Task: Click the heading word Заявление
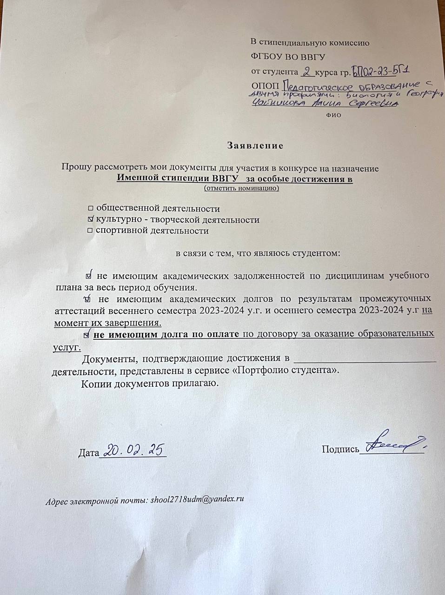[x=255, y=145]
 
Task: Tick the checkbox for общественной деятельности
[x=91, y=209]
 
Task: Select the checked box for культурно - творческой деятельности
[x=91, y=219]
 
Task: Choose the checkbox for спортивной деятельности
[x=91, y=231]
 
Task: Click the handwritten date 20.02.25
[x=134, y=450]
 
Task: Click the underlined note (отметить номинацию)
[x=241, y=188]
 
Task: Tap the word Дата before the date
[x=88, y=453]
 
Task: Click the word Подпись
[x=340, y=449]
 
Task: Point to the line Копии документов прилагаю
[x=149, y=384]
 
